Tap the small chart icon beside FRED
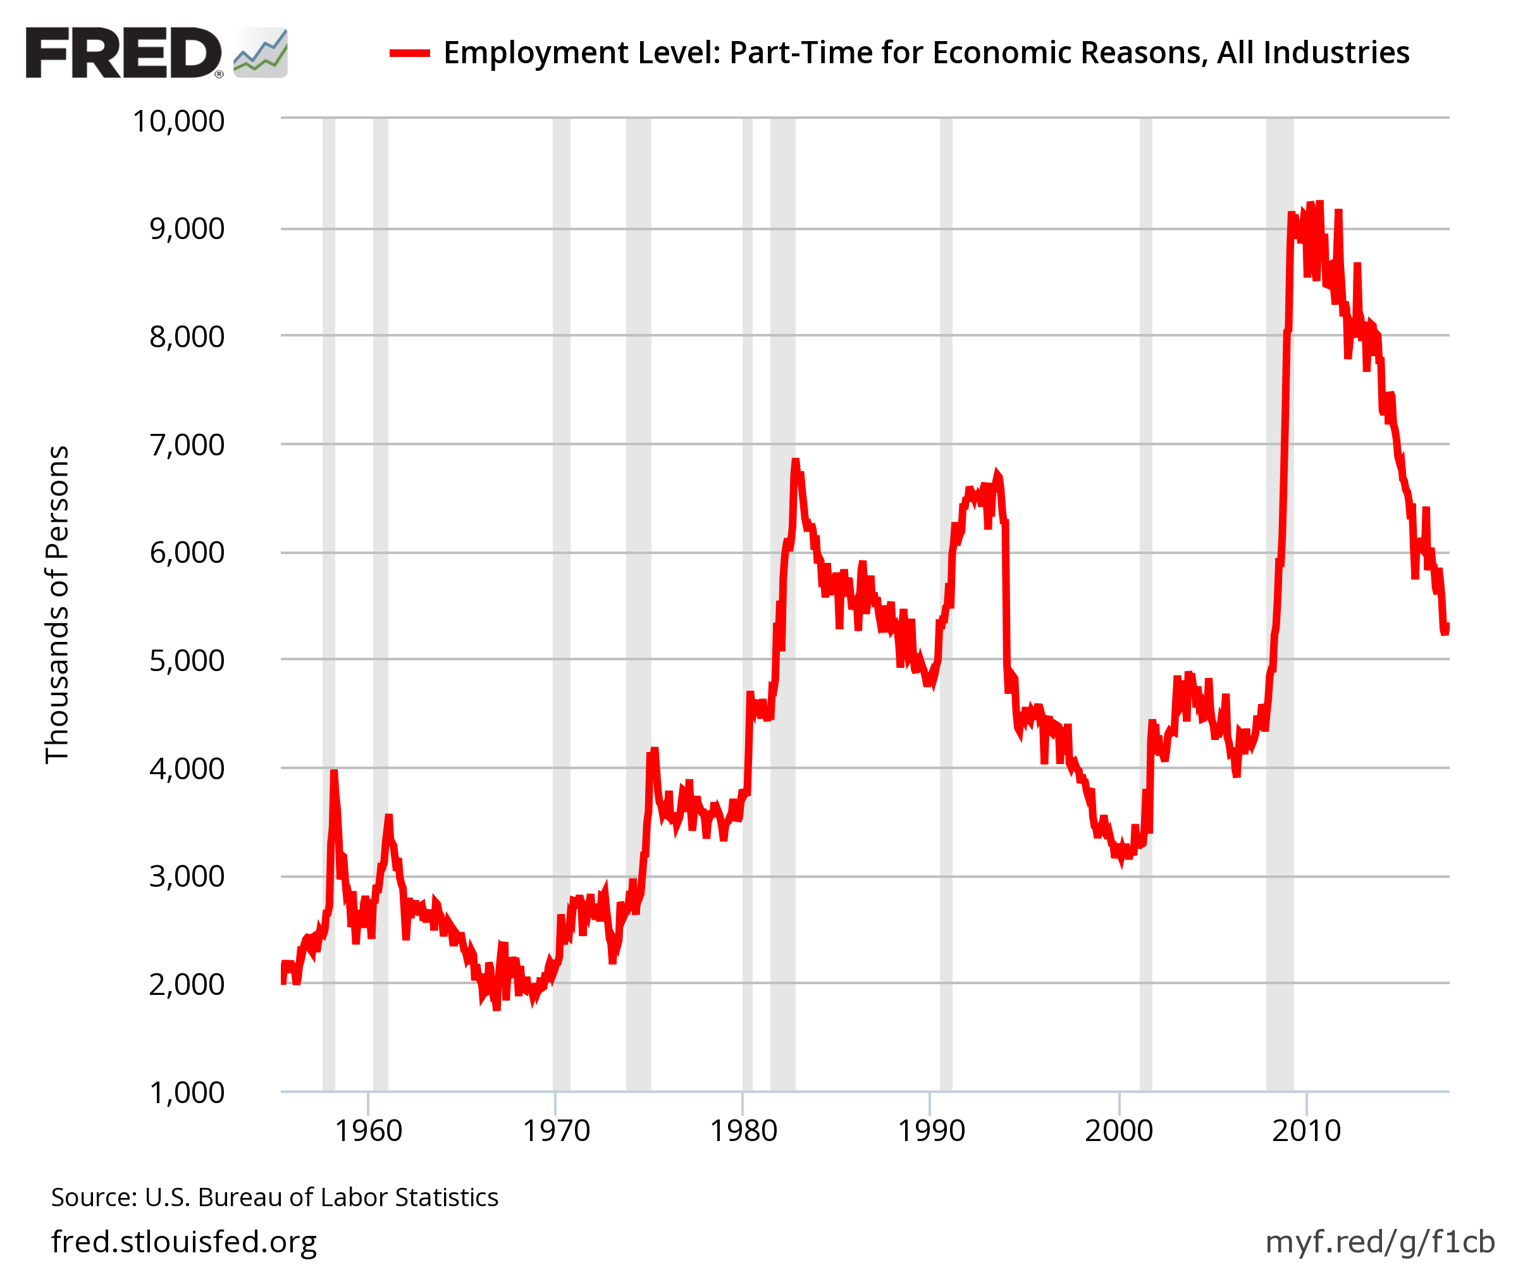pyautogui.click(x=261, y=52)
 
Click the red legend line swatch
pyautogui.click(x=410, y=52)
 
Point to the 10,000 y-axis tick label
pyautogui.click(x=178, y=121)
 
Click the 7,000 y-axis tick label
pyautogui.click(x=187, y=445)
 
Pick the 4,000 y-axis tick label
pyautogui.click(x=187, y=769)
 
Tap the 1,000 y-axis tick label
pyautogui.click(x=187, y=1093)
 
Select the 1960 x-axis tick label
pyautogui.click(x=368, y=1132)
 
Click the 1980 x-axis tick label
pyautogui.click(x=743, y=1132)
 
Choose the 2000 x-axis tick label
pyautogui.click(x=1118, y=1132)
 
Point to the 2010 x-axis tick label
pyautogui.click(x=1306, y=1132)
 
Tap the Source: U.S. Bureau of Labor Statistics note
pyautogui.click(x=275, y=1198)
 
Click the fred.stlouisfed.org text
pyautogui.click(x=184, y=1241)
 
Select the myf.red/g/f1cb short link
pyautogui.click(x=1379, y=1241)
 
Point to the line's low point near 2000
pyautogui.click(x=1121, y=860)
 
